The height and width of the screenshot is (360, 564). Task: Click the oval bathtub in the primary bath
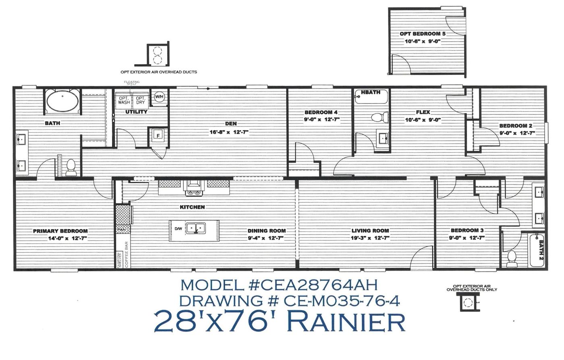62,102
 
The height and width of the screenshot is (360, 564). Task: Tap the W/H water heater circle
160,97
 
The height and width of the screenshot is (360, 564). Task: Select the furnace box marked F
158,135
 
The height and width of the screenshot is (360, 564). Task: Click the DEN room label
231,124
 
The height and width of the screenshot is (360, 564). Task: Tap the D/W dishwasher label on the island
178,229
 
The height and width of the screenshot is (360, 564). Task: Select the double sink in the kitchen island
196,228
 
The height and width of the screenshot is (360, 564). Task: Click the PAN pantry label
121,230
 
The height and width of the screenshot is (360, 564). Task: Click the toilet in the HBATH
379,117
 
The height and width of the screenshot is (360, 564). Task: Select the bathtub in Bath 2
536,249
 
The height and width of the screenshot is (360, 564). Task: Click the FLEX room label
423,112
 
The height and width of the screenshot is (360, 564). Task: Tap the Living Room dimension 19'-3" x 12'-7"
370,238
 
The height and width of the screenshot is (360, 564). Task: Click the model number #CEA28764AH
311,285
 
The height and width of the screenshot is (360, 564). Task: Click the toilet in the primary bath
71,167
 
